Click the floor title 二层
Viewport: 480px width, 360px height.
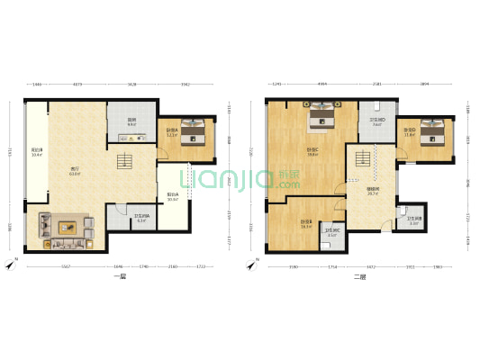[360, 277]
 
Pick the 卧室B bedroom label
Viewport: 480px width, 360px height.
[306, 225]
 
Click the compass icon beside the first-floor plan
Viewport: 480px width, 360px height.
[10, 265]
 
